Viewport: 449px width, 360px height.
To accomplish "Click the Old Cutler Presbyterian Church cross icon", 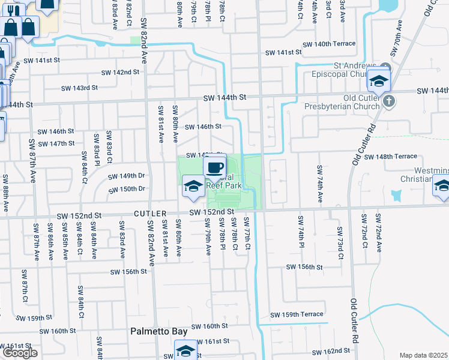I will pyautogui.click(x=389, y=100).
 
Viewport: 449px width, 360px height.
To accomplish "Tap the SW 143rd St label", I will pyautogui.click(x=79, y=88).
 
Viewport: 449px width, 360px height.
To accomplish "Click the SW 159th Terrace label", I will pyautogui.click(x=297, y=314).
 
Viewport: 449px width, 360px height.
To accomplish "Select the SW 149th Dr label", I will pyautogui.click(x=127, y=176).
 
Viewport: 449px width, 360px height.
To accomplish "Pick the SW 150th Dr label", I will pyautogui.click(x=127, y=190).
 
